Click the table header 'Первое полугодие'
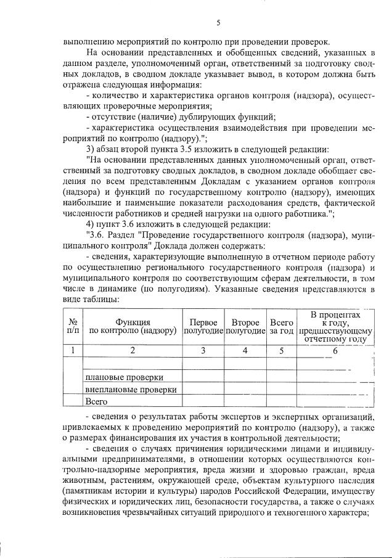click(203, 327)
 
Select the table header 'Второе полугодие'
click(245, 327)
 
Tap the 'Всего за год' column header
click(282, 327)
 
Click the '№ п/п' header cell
click(73, 327)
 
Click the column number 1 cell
click(73, 351)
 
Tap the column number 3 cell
click(203, 351)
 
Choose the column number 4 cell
click(245, 351)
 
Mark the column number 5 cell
click(282, 351)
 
